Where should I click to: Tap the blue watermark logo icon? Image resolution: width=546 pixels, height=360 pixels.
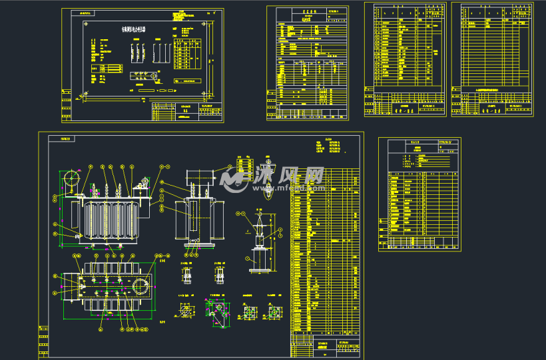pos(234,178)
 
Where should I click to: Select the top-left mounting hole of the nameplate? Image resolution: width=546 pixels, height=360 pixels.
pos(87,25)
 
